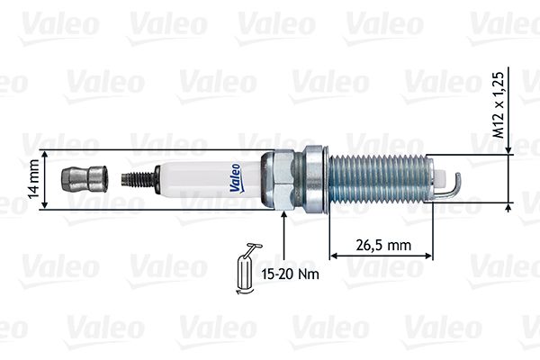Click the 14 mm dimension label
[34, 179]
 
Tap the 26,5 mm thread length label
[383, 246]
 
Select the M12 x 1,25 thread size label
[498, 105]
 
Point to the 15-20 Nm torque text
[290, 274]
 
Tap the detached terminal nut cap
[84, 179]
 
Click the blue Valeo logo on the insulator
[236, 178]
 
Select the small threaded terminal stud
[139, 179]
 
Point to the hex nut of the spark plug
[283, 179]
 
